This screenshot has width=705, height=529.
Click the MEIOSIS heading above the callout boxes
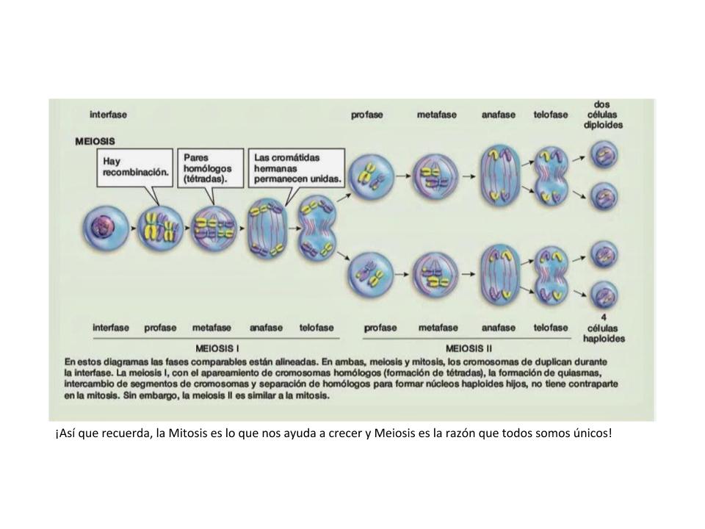[95, 141]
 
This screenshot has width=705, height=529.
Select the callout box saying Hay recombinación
[135, 168]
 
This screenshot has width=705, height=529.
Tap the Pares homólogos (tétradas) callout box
[211, 168]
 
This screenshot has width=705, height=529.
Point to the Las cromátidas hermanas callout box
[297, 168]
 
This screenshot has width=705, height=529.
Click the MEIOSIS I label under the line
[217, 348]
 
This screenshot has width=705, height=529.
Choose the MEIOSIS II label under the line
[469, 348]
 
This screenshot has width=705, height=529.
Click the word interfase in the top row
[109, 115]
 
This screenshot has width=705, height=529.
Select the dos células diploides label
[603, 115]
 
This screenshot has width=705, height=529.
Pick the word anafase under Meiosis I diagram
[266, 328]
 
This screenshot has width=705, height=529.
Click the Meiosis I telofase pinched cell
[317, 228]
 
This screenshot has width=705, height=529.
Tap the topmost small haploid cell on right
[604, 155]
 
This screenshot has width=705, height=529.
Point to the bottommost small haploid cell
[604, 295]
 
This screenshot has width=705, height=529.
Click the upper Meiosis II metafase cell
[435, 176]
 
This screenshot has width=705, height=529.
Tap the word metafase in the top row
[436, 115]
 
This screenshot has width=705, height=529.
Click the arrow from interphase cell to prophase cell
[133, 228]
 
